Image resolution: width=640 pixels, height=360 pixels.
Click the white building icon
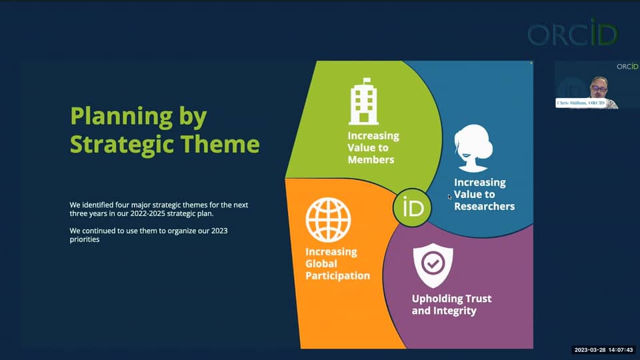pyautogui.click(x=363, y=101)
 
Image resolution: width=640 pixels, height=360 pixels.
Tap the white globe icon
pyautogui.click(x=328, y=219)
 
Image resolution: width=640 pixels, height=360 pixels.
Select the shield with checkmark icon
pyautogui.click(x=433, y=265)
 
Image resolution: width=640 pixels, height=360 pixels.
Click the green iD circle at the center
pyautogui.click(x=413, y=207)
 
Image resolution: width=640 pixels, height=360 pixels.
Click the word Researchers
pyautogui.click(x=484, y=206)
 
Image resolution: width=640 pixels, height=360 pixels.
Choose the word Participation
pyautogui.click(x=337, y=275)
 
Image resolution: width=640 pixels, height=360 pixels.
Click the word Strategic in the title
pyautogui.click(x=120, y=144)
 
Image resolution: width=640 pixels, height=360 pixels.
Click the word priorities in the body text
pyautogui.click(x=85, y=239)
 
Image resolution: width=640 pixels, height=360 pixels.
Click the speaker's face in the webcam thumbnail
pyautogui.click(x=598, y=87)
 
